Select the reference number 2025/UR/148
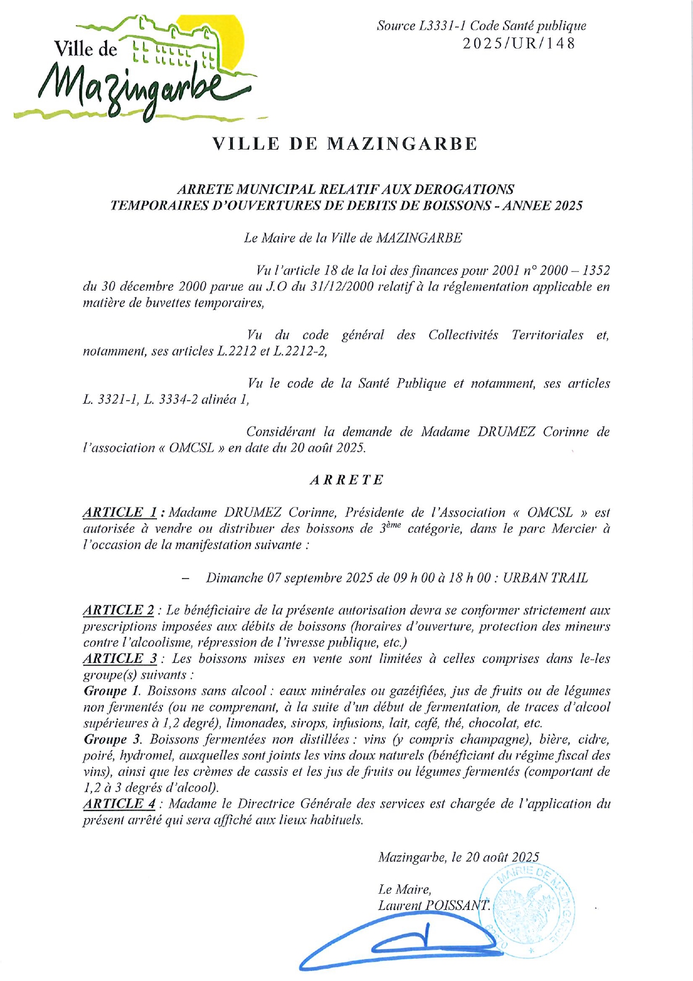[x=519, y=44]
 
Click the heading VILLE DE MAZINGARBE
[x=345, y=144]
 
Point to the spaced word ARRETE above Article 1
[x=347, y=480]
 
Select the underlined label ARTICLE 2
[x=118, y=610]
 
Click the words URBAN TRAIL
[x=546, y=578]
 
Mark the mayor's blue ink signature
[x=402, y=945]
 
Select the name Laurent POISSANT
[x=433, y=906]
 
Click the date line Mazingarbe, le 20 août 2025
[x=458, y=857]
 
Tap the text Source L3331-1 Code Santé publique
[x=481, y=26]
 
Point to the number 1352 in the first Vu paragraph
[x=594, y=271]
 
